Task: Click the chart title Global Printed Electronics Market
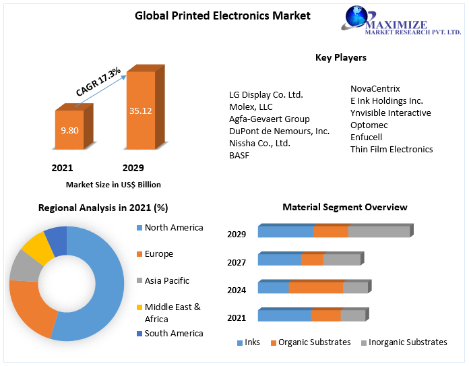coord(213,16)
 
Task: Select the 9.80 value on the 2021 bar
coord(70,129)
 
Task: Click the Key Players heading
coord(340,57)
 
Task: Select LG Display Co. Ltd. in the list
coord(265,94)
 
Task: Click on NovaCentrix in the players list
coord(375,88)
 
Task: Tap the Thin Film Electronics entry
coord(391,149)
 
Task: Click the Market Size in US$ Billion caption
coord(113,184)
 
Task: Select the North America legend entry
coord(173,228)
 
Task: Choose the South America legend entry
coord(173,333)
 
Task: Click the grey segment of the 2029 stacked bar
coord(379,232)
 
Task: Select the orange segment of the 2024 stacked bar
coord(316,288)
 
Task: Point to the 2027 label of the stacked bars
coord(237,262)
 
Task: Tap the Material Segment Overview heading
coord(344,207)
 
